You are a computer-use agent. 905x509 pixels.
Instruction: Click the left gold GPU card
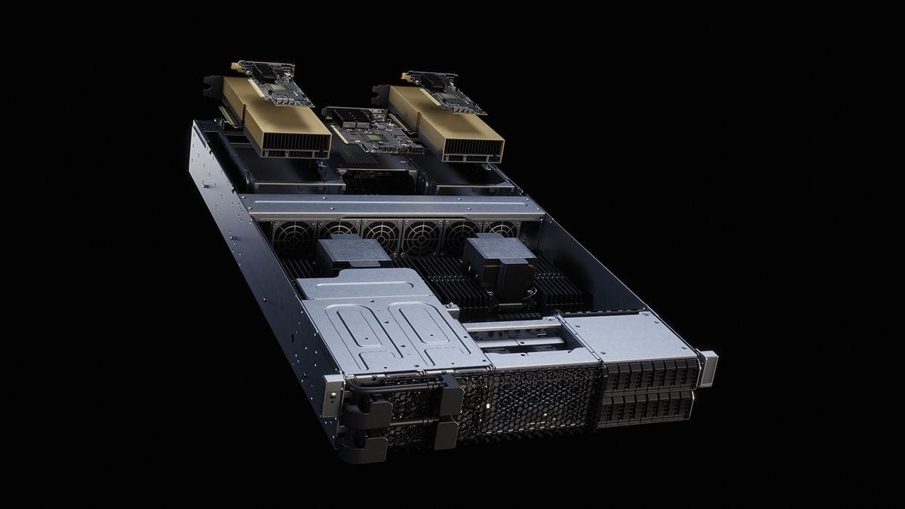pyautogui.click(x=275, y=117)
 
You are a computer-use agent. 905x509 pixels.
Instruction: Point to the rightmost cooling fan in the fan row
pyautogui.click(x=502, y=229)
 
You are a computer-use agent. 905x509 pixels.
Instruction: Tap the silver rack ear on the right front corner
pyautogui.click(x=707, y=367)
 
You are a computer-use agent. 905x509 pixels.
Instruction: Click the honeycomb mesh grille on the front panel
pyautogui.click(x=528, y=403)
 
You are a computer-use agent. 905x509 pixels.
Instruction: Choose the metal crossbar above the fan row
pyautogui.click(x=392, y=206)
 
